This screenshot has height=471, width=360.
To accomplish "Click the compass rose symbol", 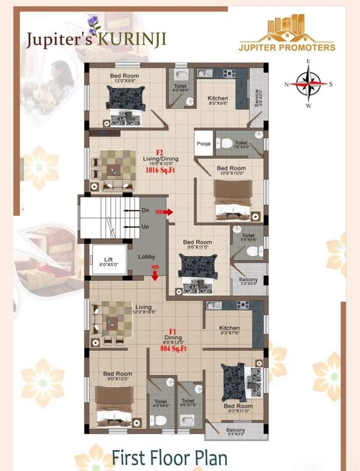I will (x=309, y=84).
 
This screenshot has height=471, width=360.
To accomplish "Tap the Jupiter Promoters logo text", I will (x=287, y=47).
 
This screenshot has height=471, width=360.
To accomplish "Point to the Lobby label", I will (x=146, y=256).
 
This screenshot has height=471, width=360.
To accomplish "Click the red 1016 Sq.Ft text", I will (x=160, y=171).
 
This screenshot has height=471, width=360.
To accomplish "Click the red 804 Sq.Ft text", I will (x=174, y=348).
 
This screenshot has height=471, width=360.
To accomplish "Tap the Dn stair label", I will (x=145, y=210).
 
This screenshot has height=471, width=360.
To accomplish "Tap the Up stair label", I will (x=145, y=226).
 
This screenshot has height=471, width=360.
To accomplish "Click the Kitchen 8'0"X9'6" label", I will (x=218, y=101).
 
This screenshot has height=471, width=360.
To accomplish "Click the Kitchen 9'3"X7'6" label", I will (x=229, y=331).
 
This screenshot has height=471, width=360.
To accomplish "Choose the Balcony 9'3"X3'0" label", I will (x=236, y=432).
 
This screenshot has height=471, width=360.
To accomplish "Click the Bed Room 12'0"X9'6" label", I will (x=124, y=78).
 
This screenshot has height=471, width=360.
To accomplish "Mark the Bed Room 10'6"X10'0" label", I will (x=231, y=170).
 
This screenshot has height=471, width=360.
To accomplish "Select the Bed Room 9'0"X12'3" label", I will (x=117, y=376).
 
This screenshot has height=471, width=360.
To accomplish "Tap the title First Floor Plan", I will (x=169, y=458).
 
